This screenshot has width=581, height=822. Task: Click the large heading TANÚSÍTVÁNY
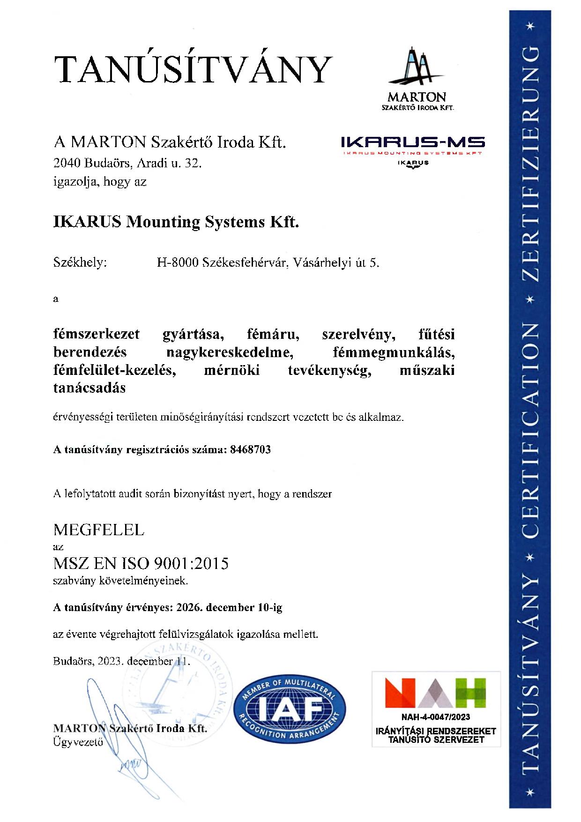point(193,69)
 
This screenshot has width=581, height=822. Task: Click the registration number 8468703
point(251,449)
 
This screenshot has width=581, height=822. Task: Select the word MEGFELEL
point(99,530)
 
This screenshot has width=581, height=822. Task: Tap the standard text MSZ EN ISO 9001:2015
point(141,562)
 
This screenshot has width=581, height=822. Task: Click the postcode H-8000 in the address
point(177,263)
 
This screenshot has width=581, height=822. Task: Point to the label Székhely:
point(80,262)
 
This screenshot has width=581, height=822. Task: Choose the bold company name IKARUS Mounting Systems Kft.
point(176,221)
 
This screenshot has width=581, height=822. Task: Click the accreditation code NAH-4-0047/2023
point(435,717)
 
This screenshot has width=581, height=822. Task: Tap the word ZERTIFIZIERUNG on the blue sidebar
point(530,164)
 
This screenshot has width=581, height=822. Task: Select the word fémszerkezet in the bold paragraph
point(97,334)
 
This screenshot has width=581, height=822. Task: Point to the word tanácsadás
point(89,388)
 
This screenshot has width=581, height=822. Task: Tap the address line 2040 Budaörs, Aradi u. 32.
point(127,163)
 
